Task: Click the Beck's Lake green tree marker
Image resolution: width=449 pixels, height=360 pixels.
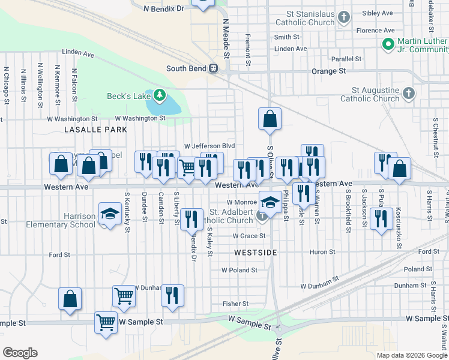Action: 159,95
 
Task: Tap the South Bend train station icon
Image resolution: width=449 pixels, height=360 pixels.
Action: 212,68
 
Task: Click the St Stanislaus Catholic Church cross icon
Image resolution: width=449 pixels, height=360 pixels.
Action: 344,17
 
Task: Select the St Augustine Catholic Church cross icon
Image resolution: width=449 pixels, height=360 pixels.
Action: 409,94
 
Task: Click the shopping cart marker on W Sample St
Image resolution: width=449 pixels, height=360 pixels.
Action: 106,322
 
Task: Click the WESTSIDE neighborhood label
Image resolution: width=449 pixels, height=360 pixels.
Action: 255,253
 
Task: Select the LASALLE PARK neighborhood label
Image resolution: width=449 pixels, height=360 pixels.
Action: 96,129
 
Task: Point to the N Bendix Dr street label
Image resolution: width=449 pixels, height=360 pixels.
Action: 164,9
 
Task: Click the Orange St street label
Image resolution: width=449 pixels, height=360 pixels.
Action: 329,71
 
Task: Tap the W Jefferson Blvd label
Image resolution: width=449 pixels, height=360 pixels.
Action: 209,146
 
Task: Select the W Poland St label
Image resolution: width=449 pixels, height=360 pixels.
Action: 239,270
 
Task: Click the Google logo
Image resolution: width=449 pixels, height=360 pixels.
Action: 20,353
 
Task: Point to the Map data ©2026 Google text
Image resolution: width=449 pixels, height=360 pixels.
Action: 411,355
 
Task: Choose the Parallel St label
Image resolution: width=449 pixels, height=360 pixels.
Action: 346,59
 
